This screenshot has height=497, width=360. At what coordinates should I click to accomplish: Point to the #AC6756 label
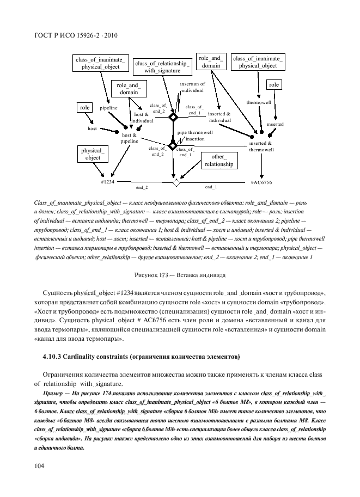261,182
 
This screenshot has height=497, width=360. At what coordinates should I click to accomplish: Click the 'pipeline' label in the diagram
109,108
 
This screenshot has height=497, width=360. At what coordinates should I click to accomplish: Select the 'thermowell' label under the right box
255,102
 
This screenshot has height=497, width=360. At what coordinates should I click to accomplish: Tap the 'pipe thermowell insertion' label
194,136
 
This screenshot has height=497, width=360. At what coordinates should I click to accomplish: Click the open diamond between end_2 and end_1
176,182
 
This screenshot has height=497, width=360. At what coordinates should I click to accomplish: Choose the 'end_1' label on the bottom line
211,187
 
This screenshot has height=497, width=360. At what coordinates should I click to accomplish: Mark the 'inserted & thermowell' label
261,146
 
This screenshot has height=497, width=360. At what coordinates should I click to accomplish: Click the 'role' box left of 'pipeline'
84,108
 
